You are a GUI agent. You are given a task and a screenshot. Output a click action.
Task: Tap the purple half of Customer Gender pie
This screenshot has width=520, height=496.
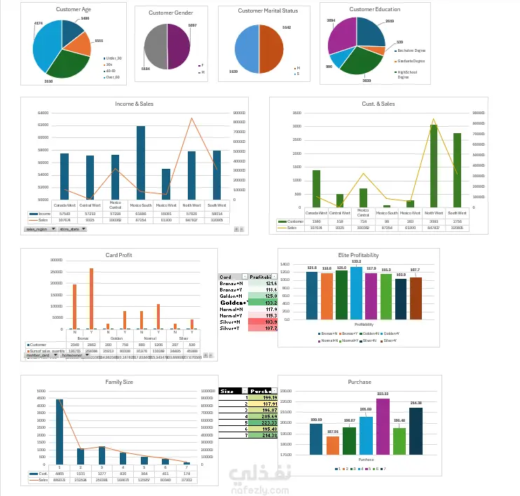179,46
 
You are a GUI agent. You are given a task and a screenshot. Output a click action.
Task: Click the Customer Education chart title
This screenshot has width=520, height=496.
374,10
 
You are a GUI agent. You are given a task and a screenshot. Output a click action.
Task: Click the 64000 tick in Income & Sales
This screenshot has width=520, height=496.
42,113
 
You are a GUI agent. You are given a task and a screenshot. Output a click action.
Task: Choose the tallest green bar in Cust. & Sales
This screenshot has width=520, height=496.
434,165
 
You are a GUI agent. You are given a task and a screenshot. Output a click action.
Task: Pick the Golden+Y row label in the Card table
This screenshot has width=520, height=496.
231,303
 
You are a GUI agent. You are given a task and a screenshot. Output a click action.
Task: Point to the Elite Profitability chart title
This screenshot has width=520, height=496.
358,255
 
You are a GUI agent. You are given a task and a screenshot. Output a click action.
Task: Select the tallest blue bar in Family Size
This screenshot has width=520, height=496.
60,432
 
